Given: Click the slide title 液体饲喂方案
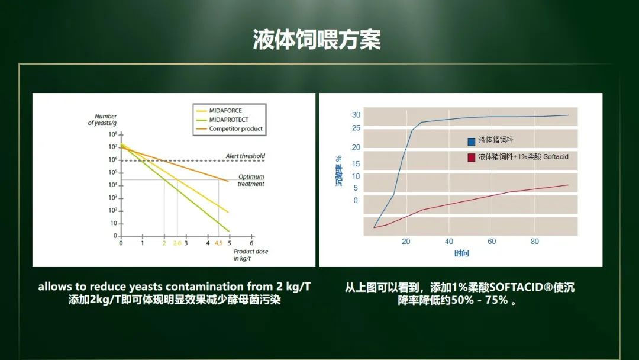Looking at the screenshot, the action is click(x=317, y=40).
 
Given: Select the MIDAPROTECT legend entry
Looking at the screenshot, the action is click(x=222, y=120).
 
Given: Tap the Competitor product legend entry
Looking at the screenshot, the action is click(x=230, y=128).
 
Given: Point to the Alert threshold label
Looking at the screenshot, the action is click(x=246, y=156).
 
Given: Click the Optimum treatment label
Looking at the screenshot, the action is click(x=251, y=180).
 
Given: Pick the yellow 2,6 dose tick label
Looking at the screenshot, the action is click(x=177, y=243).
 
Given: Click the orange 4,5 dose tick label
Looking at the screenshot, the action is click(x=218, y=243).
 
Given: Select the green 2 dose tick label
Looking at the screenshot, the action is click(x=164, y=243).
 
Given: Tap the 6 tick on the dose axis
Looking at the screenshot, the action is click(x=251, y=243).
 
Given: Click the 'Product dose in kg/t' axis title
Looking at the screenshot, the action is click(x=251, y=255).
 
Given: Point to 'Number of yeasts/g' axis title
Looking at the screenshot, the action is click(x=102, y=120).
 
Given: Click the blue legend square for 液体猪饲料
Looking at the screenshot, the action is click(x=472, y=142).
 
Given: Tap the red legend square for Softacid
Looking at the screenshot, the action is click(x=472, y=157).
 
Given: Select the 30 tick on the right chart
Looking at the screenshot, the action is click(x=356, y=115).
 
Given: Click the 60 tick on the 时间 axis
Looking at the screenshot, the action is click(x=492, y=242).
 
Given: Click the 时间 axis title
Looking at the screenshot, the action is click(x=461, y=253).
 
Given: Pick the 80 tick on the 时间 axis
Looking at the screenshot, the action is click(x=535, y=242).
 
